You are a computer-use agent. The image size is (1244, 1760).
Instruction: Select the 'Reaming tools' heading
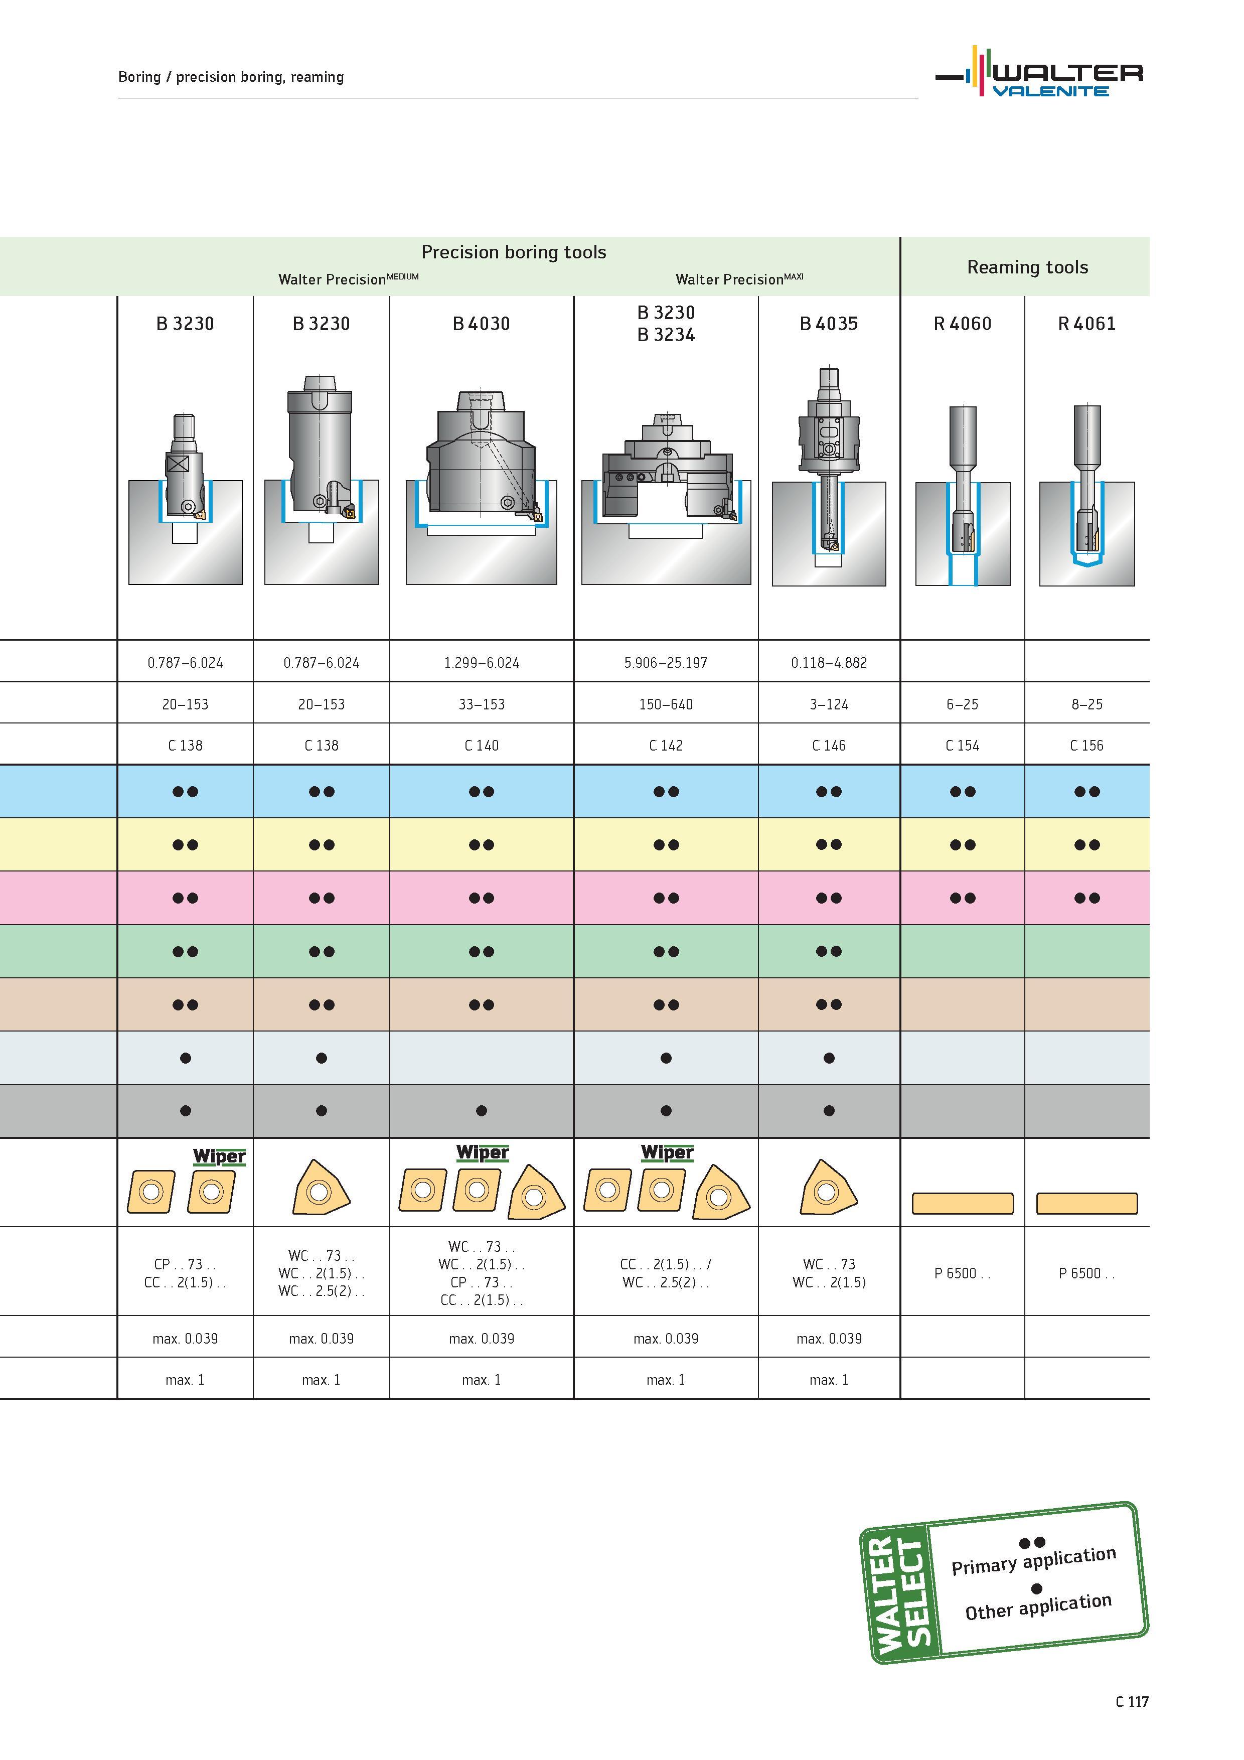click(x=1027, y=267)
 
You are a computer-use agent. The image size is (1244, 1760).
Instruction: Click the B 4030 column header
click(x=482, y=324)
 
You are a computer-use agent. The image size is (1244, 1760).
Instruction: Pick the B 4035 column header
click(x=829, y=324)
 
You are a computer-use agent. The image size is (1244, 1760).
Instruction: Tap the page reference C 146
click(x=829, y=745)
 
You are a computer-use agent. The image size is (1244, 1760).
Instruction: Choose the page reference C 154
click(x=962, y=745)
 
